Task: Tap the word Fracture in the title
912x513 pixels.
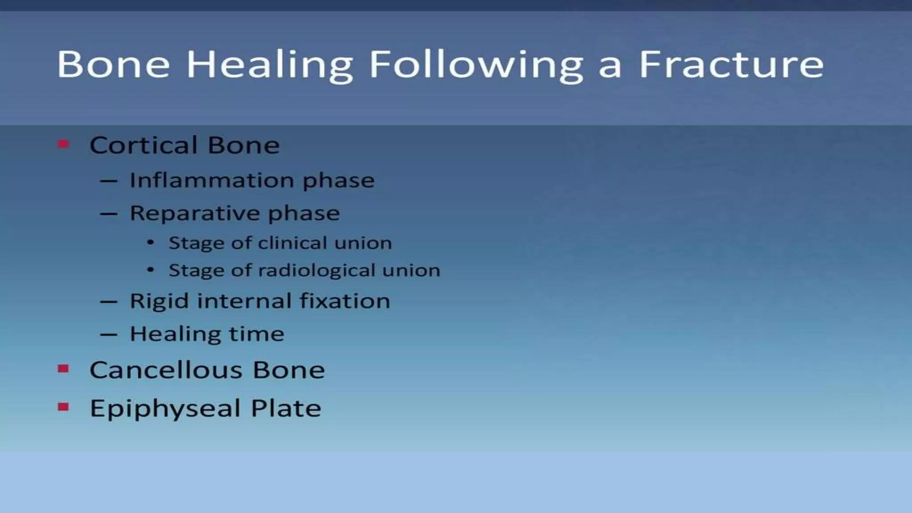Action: (x=731, y=65)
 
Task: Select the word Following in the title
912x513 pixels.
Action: (x=476, y=65)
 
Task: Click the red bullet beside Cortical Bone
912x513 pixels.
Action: (x=63, y=144)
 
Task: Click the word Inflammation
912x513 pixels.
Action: (x=212, y=180)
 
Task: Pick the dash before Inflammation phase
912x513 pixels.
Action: (x=109, y=181)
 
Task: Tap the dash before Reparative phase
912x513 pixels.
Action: (x=109, y=214)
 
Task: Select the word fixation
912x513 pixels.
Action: (x=345, y=301)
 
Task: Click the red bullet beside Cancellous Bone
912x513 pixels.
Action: (x=63, y=369)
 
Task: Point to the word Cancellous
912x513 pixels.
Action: (x=166, y=370)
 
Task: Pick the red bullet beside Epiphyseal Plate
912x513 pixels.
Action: (x=63, y=407)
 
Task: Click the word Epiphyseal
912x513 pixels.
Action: (x=165, y=409)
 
